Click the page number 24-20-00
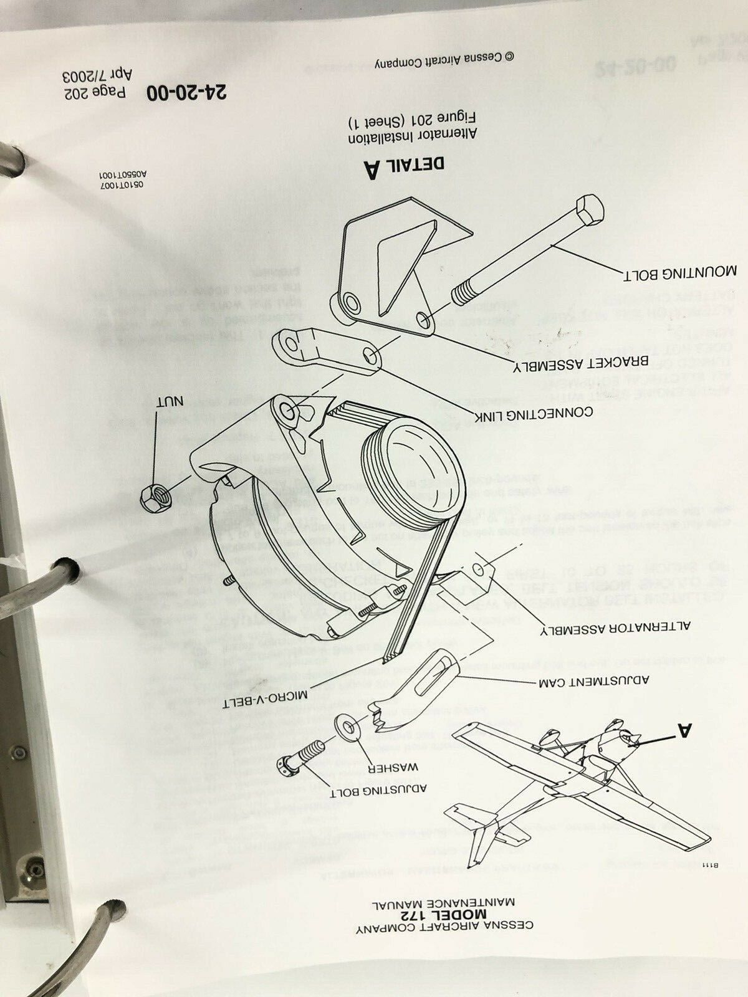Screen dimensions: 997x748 point(188,92)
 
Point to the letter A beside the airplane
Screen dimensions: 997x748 point(684,729)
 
